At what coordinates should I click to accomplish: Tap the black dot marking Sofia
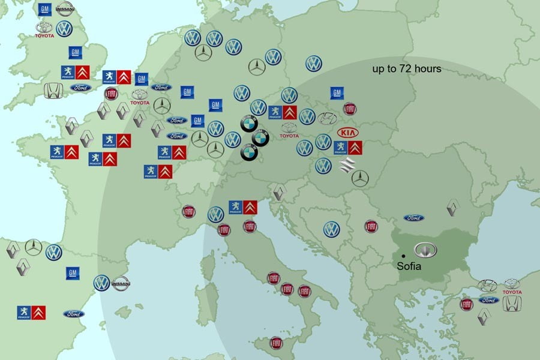point(404,256)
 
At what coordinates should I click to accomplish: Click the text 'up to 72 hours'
point(407,69)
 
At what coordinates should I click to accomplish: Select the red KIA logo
point(347,133)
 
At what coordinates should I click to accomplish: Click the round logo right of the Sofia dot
point(425,250)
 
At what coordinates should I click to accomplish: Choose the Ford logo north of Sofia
point(413,218)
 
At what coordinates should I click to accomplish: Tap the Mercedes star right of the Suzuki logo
point(360,177)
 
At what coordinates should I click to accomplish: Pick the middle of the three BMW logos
point(260,138)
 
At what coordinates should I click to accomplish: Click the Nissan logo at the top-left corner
point(65,8)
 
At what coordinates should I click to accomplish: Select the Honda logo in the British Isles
point(53,91)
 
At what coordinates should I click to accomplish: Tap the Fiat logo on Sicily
point(276,343)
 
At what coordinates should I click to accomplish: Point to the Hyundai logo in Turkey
point(487,286)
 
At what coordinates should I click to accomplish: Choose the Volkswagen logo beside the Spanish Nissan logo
point(101,283)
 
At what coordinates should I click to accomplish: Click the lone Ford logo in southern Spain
point(74,314)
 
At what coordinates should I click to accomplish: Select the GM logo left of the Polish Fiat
point(337,93)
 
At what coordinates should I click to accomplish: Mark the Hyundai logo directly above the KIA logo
point(328,118)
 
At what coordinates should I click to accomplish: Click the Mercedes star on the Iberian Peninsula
point(34,247)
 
